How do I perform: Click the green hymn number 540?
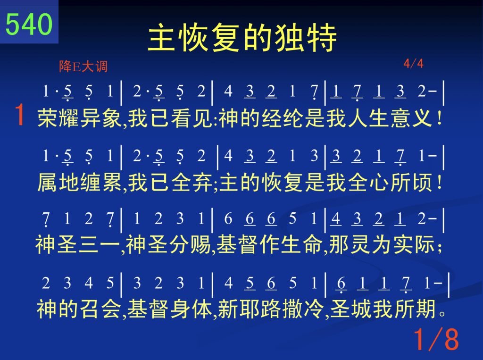coord(29,24)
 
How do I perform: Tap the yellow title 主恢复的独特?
coord(242,38)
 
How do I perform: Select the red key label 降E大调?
coord(83,66)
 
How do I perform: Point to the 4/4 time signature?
coord(413,64)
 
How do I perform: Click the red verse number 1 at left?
coord(20,114)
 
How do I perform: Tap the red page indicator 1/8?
coord(436,339)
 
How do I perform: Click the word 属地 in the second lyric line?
coord(58,182)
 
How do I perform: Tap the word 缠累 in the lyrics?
coord(101,182)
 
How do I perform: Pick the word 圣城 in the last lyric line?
coord(351,309)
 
